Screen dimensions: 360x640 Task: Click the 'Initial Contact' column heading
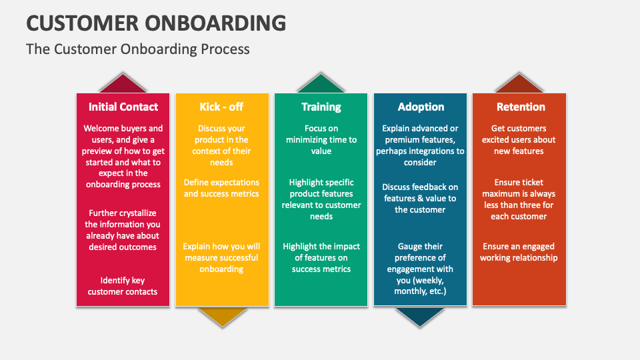(x=123, y=107)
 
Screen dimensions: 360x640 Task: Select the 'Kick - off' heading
(x=222, y=107)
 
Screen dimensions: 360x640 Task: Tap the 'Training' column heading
(x=321, y=107)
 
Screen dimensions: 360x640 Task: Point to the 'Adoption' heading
(x=420, y=107)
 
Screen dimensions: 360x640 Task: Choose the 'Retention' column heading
(x=520, y=107)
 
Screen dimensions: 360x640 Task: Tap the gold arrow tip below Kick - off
(x=222, y=317)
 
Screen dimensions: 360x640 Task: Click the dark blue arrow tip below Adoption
(x=420, y=317)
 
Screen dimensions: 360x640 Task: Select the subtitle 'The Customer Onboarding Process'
(x=138, y=49)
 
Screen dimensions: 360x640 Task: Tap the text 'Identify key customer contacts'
(x=123, y=286)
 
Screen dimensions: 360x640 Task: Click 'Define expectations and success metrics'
(x=222, y=188)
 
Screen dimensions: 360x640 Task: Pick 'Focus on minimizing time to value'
(x=321, y=139)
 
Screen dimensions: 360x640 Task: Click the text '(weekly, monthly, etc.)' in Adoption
(x=420, y=286)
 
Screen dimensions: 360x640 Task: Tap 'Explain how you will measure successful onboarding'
(x=222, y=257)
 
